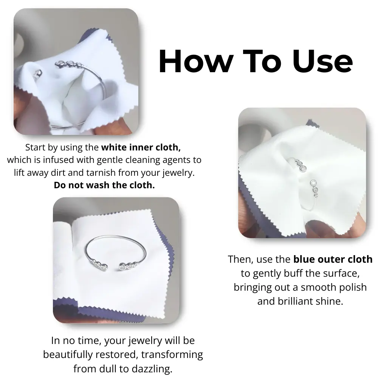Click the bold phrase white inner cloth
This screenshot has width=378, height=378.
[x=141, y=147]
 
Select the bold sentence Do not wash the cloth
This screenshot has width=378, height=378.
[x=104, y=185]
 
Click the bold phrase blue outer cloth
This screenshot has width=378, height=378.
[x=333, y=259]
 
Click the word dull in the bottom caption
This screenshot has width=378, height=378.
[x=108, y=369]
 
